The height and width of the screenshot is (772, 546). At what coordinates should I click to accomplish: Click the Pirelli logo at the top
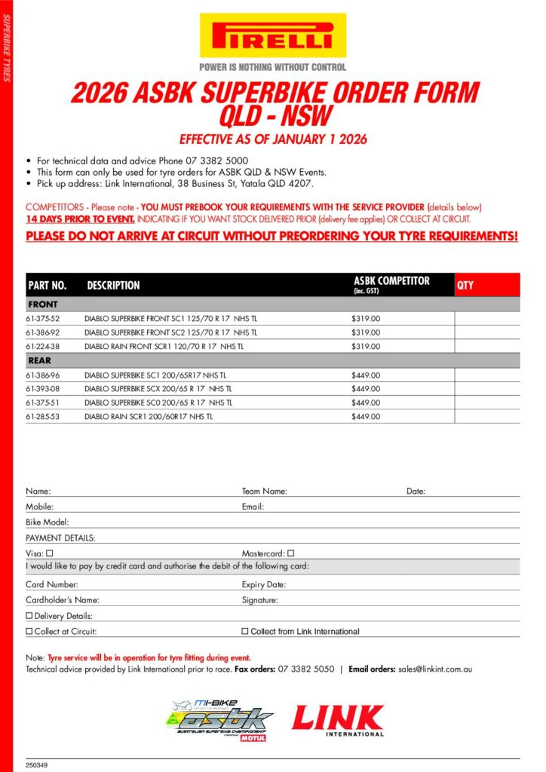click(x=272, y=35)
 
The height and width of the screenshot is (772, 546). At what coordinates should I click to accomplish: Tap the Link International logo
click(x=338, y=720)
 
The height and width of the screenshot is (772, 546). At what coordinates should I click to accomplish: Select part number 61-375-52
click(x=42, y=319)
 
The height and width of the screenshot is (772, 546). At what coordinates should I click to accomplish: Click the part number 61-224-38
click(x=42, y=347)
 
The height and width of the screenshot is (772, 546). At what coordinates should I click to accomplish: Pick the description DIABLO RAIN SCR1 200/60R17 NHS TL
click(x=149, y=416)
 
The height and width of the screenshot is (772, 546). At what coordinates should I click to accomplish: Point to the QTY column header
click(x=465, y=285)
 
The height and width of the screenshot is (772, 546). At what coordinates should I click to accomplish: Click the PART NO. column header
click(x=48, y=286)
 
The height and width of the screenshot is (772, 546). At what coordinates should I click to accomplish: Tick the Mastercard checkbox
click(x=290, y=553)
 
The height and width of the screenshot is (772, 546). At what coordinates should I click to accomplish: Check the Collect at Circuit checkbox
click(x=29, y=631)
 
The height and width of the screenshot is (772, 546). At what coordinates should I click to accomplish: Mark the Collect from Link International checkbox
click(x=244, y=631)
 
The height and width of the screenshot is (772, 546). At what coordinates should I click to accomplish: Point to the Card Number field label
click(x=52, y=584)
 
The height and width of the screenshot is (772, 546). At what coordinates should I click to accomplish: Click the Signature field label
click(x=260, y=600)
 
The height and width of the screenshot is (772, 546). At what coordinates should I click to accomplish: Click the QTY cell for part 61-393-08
click(x=486, y=388)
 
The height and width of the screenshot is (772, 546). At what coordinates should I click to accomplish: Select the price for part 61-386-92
click(x=366, y=332)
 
